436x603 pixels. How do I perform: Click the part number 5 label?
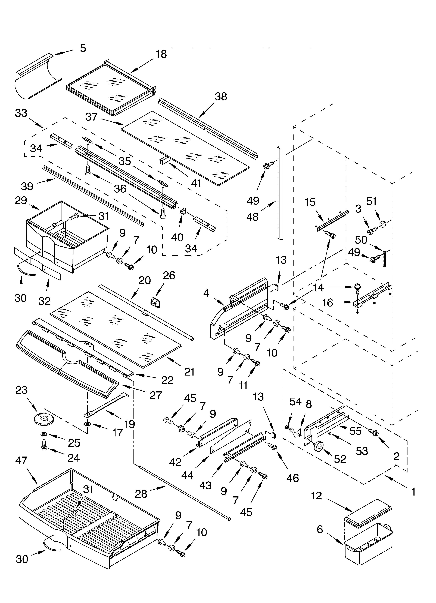[83, 48]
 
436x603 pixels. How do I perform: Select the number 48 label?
[252, 217]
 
